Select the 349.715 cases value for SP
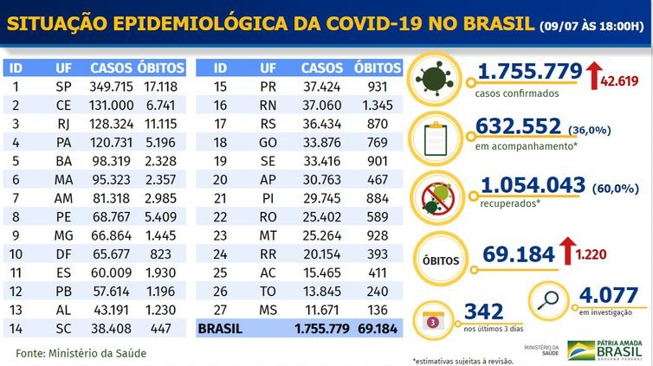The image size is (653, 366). [111, 87]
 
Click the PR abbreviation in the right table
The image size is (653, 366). [268, 87]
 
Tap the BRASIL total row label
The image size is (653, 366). [223, 330]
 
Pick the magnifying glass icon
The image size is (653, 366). [551, 299]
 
